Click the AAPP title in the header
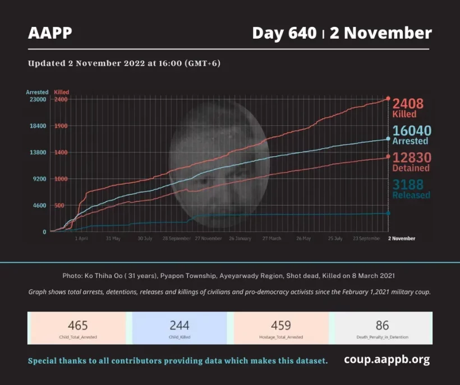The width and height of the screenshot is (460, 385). (50, 33)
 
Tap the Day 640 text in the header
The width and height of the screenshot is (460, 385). (284, 33)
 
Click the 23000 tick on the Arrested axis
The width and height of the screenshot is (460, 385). (38, 100)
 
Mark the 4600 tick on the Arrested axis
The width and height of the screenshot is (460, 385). (39, 206)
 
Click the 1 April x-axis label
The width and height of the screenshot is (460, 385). (81, 238)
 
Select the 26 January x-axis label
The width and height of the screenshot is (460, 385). (240, 238)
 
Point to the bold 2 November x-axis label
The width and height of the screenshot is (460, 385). (402, 238)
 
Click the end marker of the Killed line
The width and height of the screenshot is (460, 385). (388, 99)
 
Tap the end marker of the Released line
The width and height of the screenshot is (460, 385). (388, 213)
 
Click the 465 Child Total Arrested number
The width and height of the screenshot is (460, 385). (78, 326)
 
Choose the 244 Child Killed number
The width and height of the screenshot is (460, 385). (180, 326)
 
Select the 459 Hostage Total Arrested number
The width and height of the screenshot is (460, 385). (281, 326)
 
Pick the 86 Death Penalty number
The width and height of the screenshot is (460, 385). (382, 326)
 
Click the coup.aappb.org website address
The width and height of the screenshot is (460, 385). (387, 360)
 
